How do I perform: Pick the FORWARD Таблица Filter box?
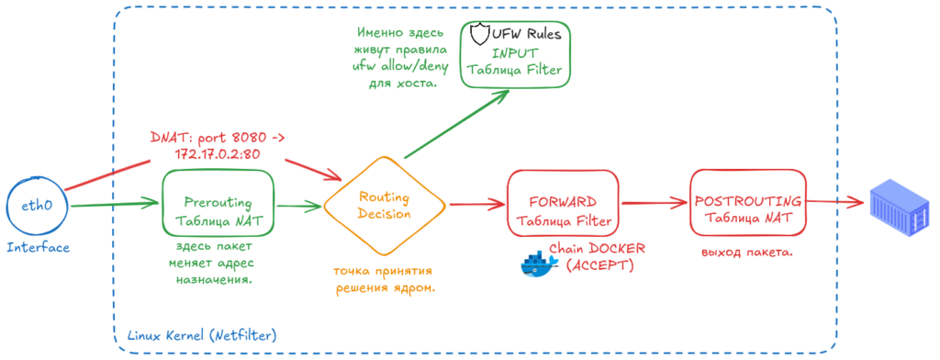[x=562, y=210]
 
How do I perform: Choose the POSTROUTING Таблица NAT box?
[x=748, y=209]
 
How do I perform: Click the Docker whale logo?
[x=538, y=264]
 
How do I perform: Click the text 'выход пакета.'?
[x=744, y=250]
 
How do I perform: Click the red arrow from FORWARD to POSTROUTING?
[x=655, y=204]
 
